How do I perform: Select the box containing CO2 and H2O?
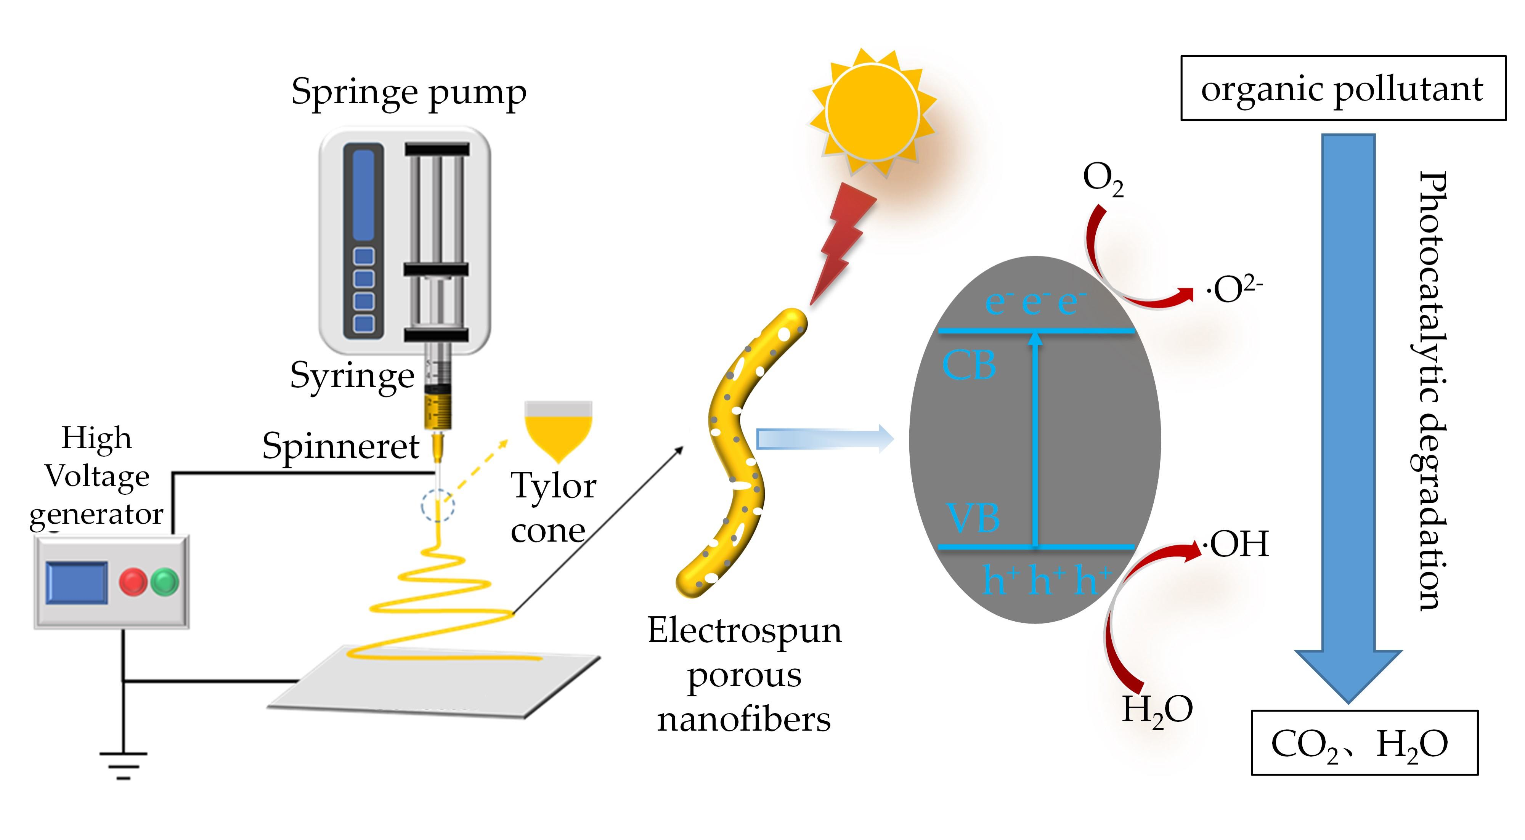(1364, 743)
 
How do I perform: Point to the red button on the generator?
(133, 582)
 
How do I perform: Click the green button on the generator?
(165, 582)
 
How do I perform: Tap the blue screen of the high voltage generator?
(77, 582)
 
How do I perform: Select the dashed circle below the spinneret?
(438, 506)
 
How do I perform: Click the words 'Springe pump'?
(408, 93)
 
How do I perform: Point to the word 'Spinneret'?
(340, 446)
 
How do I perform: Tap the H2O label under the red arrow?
(1157, 710)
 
